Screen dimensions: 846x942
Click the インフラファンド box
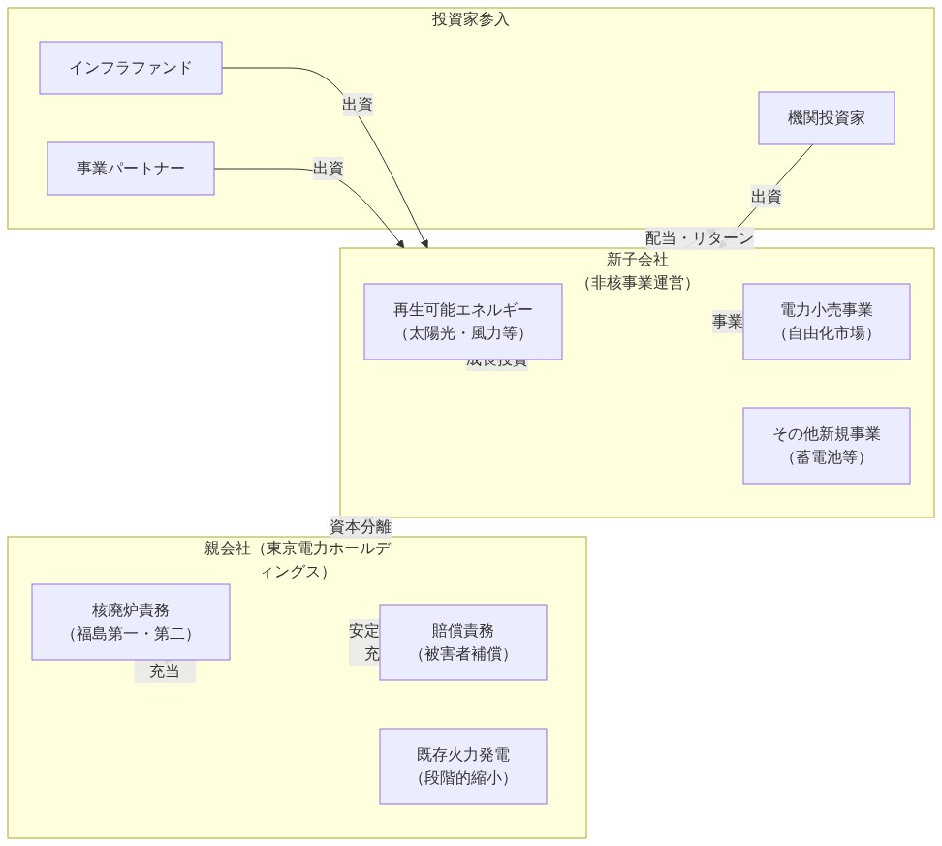pyautogui.click(x=131, y=68)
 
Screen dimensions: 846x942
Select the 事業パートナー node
pyautogui.click(x=131, y=169)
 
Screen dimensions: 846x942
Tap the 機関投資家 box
pyautogui.click(x=826, y=118)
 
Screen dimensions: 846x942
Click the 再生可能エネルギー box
pyautogui.click(x=462, y=322)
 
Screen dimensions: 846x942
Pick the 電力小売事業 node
pyautogui.click(x=826, y=322)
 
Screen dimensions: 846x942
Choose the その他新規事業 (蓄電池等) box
pyautogui.click(x=826, y=446)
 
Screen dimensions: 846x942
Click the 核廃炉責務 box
pyautogui.click(x=131, y=622)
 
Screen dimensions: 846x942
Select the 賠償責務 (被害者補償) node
pyautogui.click(x=462, y=642)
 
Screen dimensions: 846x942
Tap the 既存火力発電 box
pyautogui.click(x=462, y=767)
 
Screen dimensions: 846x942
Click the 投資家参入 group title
pyautogui.click(x=470, y=19)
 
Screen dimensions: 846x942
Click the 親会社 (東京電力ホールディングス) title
pyautogui.click(x=297, y=559)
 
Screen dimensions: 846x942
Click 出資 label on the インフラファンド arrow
pyautogui.click(x=358, y=105)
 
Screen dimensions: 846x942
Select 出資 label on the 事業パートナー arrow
pyautogui.click(x=329, y=169)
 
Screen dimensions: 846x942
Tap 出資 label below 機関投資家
pyautogui.click(x=766, y=197)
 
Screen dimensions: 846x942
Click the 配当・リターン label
pyautogui.click(x=699, y=238)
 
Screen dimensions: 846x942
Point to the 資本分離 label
pyautogui.click(x=361, y=527)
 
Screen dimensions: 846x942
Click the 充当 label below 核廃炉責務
pyautogui.click(x=165, y=672)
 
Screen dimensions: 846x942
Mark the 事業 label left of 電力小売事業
pyautogui.click(x=727, y=322)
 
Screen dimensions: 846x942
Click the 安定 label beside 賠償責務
pyautogui.click(x=364, y=631)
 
